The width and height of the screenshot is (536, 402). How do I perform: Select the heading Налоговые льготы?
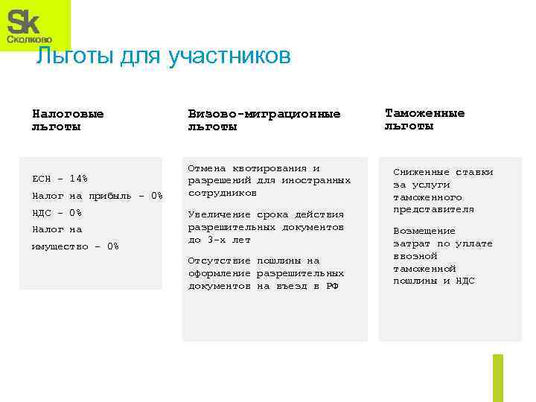point(68,121)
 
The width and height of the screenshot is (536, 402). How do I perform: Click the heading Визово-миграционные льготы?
point(264,121)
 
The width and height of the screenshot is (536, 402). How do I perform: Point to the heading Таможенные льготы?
point(424,119)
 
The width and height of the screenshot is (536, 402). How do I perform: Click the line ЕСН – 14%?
point(60,179)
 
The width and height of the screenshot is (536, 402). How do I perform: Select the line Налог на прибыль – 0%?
point(97,196)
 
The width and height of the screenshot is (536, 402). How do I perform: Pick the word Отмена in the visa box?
point(205,168)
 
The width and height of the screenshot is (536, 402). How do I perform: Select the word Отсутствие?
point(217,261)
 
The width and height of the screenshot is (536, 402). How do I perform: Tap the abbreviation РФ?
point(331,286)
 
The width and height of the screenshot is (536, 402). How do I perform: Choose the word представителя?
point(433,210)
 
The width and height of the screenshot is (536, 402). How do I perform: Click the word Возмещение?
point(424,231)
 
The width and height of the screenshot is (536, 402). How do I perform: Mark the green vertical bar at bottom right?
point(497,377)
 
